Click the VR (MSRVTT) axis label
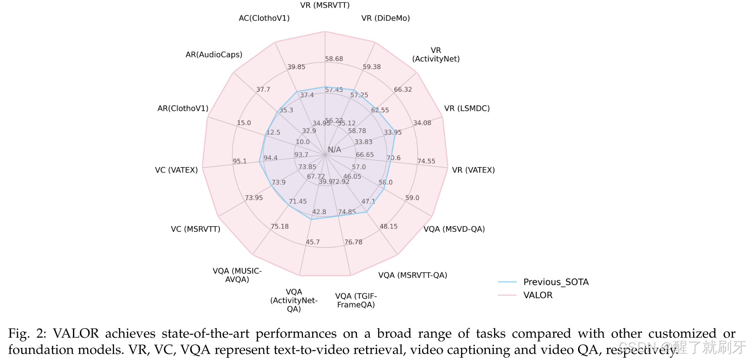click(x=325, y=5)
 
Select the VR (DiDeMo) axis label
click(x=386, y=18)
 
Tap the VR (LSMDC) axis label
click(x=467, y=108)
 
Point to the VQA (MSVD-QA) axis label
click(x=454, y=229)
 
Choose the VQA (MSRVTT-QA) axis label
click(x=412, y=275)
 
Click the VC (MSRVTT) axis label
click(x=195, y=229)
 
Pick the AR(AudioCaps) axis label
click(x=214, y=54)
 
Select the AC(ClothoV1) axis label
click(x=264, y=18)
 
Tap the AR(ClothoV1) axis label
click(x=183, y=108)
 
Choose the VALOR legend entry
click(x=537, y=295)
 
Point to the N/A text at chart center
click(x=334, y=150)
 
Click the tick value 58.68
click(x=334, y=59)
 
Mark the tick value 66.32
click(x=403, y=90)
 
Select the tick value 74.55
click(x=426, y=161)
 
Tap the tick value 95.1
click(x=240, y=161)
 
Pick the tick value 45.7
click(x=313, y=242)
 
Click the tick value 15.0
click(x=244, y=123)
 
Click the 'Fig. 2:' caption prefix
click(x=27, y=333)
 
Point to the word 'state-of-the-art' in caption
click(x=205, y=333)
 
